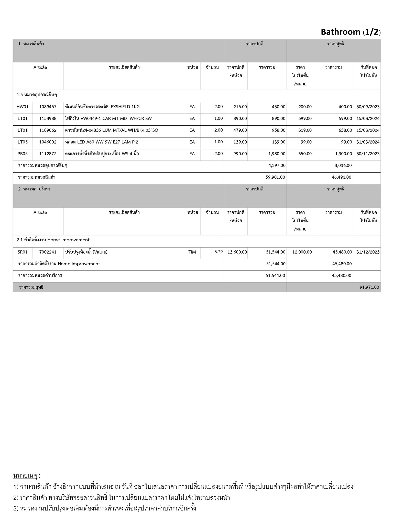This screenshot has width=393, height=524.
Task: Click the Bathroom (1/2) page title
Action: point(351,32)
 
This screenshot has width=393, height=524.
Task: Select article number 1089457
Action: point(48,107)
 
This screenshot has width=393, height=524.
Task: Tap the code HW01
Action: point(23,107)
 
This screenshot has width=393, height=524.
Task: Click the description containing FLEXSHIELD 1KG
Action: point(102,107)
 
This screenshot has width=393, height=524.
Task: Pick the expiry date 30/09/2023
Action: point(368,107)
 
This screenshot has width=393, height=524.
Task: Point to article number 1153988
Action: point(48,118)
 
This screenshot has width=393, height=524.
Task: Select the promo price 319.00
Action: point(305,130)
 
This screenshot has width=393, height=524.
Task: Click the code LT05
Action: point(23,142)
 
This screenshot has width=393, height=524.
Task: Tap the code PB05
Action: point(23,154)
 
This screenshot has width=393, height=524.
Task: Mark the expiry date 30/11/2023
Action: point(368,154)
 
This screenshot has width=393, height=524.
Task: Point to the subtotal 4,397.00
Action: point(277,166)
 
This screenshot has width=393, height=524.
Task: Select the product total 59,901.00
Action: point(275,177)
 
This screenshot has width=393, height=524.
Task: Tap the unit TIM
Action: point(192,252)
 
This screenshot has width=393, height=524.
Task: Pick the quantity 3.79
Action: point(219,252)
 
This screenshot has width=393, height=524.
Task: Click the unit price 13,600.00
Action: point(237,252)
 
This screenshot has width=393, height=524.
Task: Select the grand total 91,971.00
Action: point(369,287)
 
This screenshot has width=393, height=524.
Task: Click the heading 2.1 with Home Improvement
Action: point(53,240)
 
